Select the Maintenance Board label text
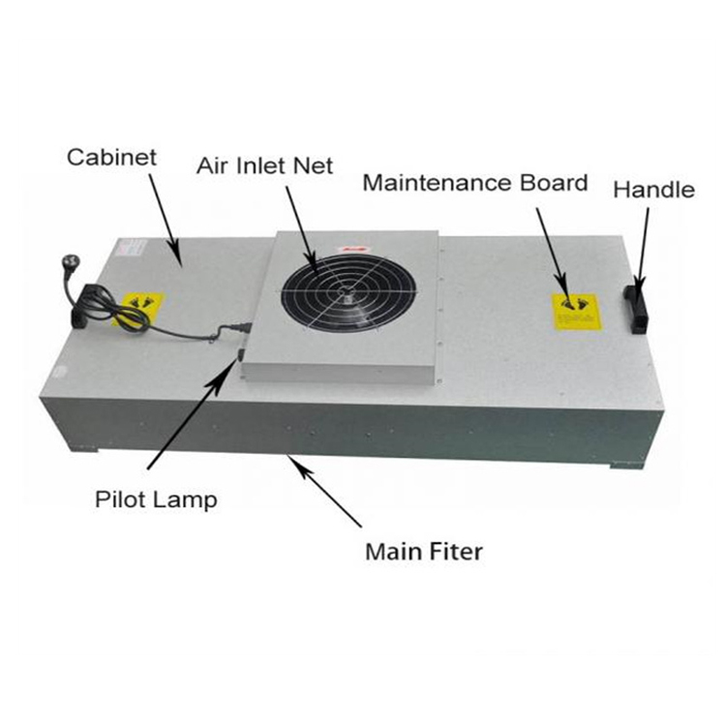point(474,183)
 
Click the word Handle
point(653,190)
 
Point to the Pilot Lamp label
point(156,500)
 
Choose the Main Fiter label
point(423,553)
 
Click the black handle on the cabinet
point(638,308)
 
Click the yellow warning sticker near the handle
point(576,313)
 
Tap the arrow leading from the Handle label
point(641,247)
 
